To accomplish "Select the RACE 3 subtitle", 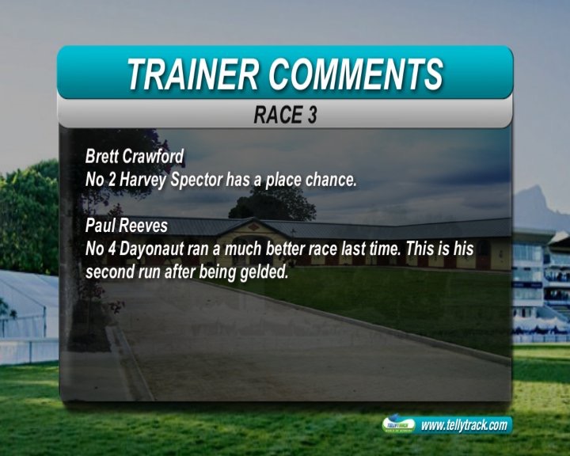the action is coord(285,115).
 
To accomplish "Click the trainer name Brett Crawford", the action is coord(135,157).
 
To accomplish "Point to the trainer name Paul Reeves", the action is coord(127,226).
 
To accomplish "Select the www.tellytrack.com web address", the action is coord(464,424).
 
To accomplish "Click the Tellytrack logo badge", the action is coord(399,424).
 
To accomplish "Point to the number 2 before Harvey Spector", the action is coord(112,180).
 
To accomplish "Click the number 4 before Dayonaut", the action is coord(112,249).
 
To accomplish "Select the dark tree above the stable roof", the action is coord(272,204).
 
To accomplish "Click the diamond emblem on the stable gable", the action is coord(254,228).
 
